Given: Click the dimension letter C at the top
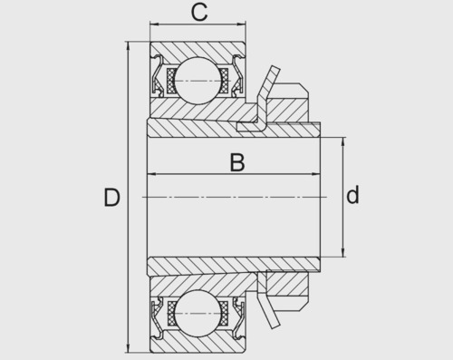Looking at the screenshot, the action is click(x=199, y=13).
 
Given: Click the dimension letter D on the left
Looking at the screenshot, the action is click(x=111, y=198).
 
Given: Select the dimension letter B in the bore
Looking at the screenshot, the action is click(x=237, y=162).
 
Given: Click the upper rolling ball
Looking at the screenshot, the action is click(x=198, y=81).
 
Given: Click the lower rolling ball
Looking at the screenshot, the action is click(x=198, y=313).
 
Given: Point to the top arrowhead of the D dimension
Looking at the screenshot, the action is click(x=128, y=45).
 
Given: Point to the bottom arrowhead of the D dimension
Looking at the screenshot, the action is click(x=128, y=348).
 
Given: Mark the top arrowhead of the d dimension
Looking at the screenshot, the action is click(x=343, y=141).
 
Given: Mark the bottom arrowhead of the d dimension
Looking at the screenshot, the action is click(x=343, y=253).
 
